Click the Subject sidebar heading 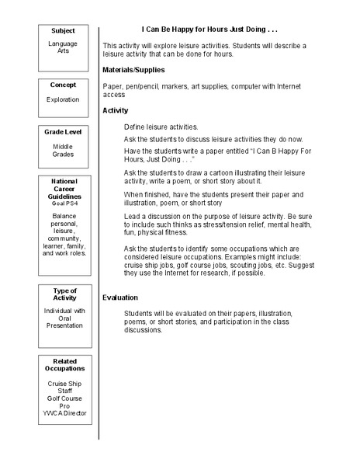tap(64, 30)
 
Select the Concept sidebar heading tap(64, 84)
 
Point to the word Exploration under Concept tap(64, 99)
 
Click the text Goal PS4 tap(64, 202)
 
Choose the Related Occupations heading tap(64, 365)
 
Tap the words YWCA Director tap(64, 413)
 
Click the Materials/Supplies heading tap(133, 70)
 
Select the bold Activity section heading tap(116, 110)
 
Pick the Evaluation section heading tap(120, 297)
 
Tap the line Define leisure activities tap(161, 126)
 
